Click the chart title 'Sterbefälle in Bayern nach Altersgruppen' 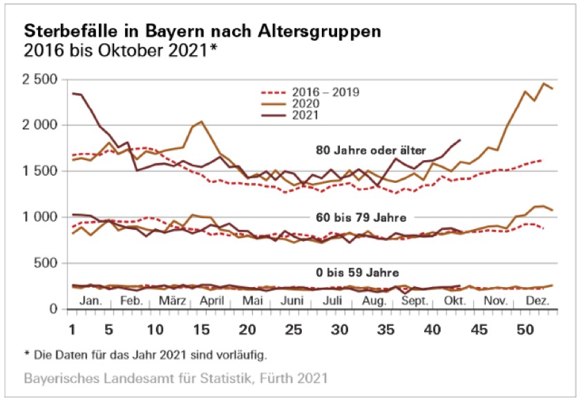click(202, 32)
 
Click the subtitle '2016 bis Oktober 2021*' click(117, 50)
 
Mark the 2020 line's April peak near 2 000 click(201, 121)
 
